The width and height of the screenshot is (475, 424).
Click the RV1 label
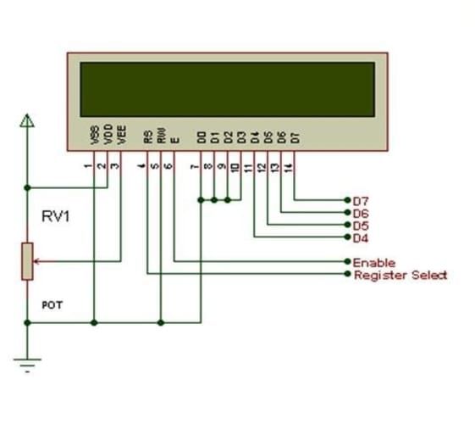click(56, 216)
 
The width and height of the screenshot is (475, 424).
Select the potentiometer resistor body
click(27, 260)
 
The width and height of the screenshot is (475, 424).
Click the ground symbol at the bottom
click(27, 365)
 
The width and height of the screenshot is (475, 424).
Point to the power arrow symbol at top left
click(28, 121)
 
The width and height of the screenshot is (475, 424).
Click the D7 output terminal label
click(360, 201)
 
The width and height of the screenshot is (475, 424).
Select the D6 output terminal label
click(360, 213)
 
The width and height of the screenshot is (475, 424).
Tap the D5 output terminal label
click(360, 226)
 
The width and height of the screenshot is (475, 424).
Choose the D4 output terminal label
click(360, 237)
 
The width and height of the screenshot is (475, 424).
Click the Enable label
click(373, 263)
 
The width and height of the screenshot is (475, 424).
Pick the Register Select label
click(400, 275)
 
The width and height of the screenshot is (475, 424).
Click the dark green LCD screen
click(227, 89)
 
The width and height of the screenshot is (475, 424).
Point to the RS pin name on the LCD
click(148, 135)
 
